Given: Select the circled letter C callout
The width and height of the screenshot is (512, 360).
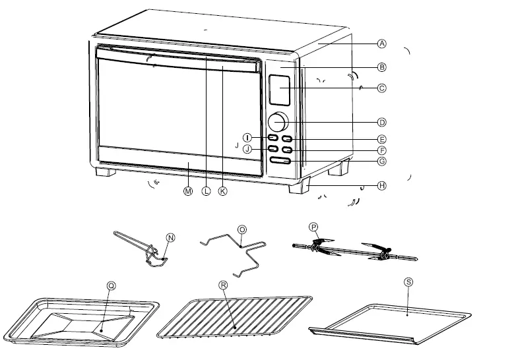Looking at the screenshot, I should [381, 88].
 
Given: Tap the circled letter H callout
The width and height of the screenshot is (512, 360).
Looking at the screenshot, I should [381, 186].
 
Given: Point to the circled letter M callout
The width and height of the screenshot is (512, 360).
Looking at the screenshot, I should [187, 191].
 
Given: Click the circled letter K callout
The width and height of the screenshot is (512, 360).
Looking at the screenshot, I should [222, 191].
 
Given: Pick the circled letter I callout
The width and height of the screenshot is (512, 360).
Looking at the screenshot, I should [247, 138].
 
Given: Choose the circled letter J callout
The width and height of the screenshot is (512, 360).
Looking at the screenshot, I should [247, 149].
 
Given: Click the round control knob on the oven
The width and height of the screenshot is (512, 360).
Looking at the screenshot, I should [278, 122].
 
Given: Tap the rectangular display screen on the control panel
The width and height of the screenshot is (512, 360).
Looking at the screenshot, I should [279, 90].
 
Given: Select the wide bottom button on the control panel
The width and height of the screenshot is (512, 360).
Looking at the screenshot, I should [280, 161].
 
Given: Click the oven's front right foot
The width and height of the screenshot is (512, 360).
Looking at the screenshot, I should [298, 186].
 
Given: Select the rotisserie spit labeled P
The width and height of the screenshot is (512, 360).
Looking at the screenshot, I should [354, 251].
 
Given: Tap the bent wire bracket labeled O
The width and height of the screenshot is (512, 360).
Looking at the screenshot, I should [238, 253].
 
